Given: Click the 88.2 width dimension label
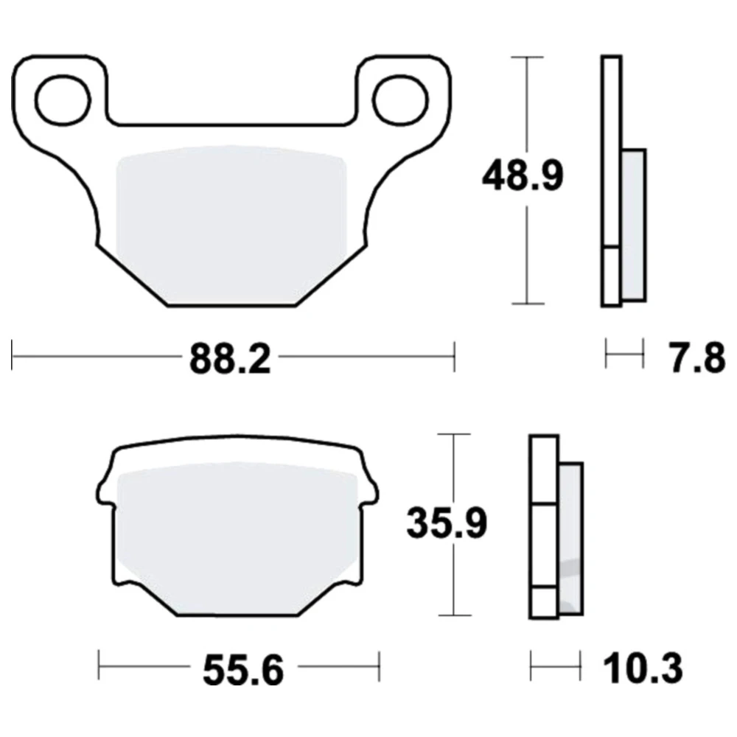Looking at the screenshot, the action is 230,359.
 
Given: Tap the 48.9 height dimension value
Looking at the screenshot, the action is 523,176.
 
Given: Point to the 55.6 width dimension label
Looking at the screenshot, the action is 243,670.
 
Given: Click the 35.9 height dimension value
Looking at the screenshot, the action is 447,523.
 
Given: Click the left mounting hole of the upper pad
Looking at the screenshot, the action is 63,99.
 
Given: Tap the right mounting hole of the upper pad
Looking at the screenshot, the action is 400,99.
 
